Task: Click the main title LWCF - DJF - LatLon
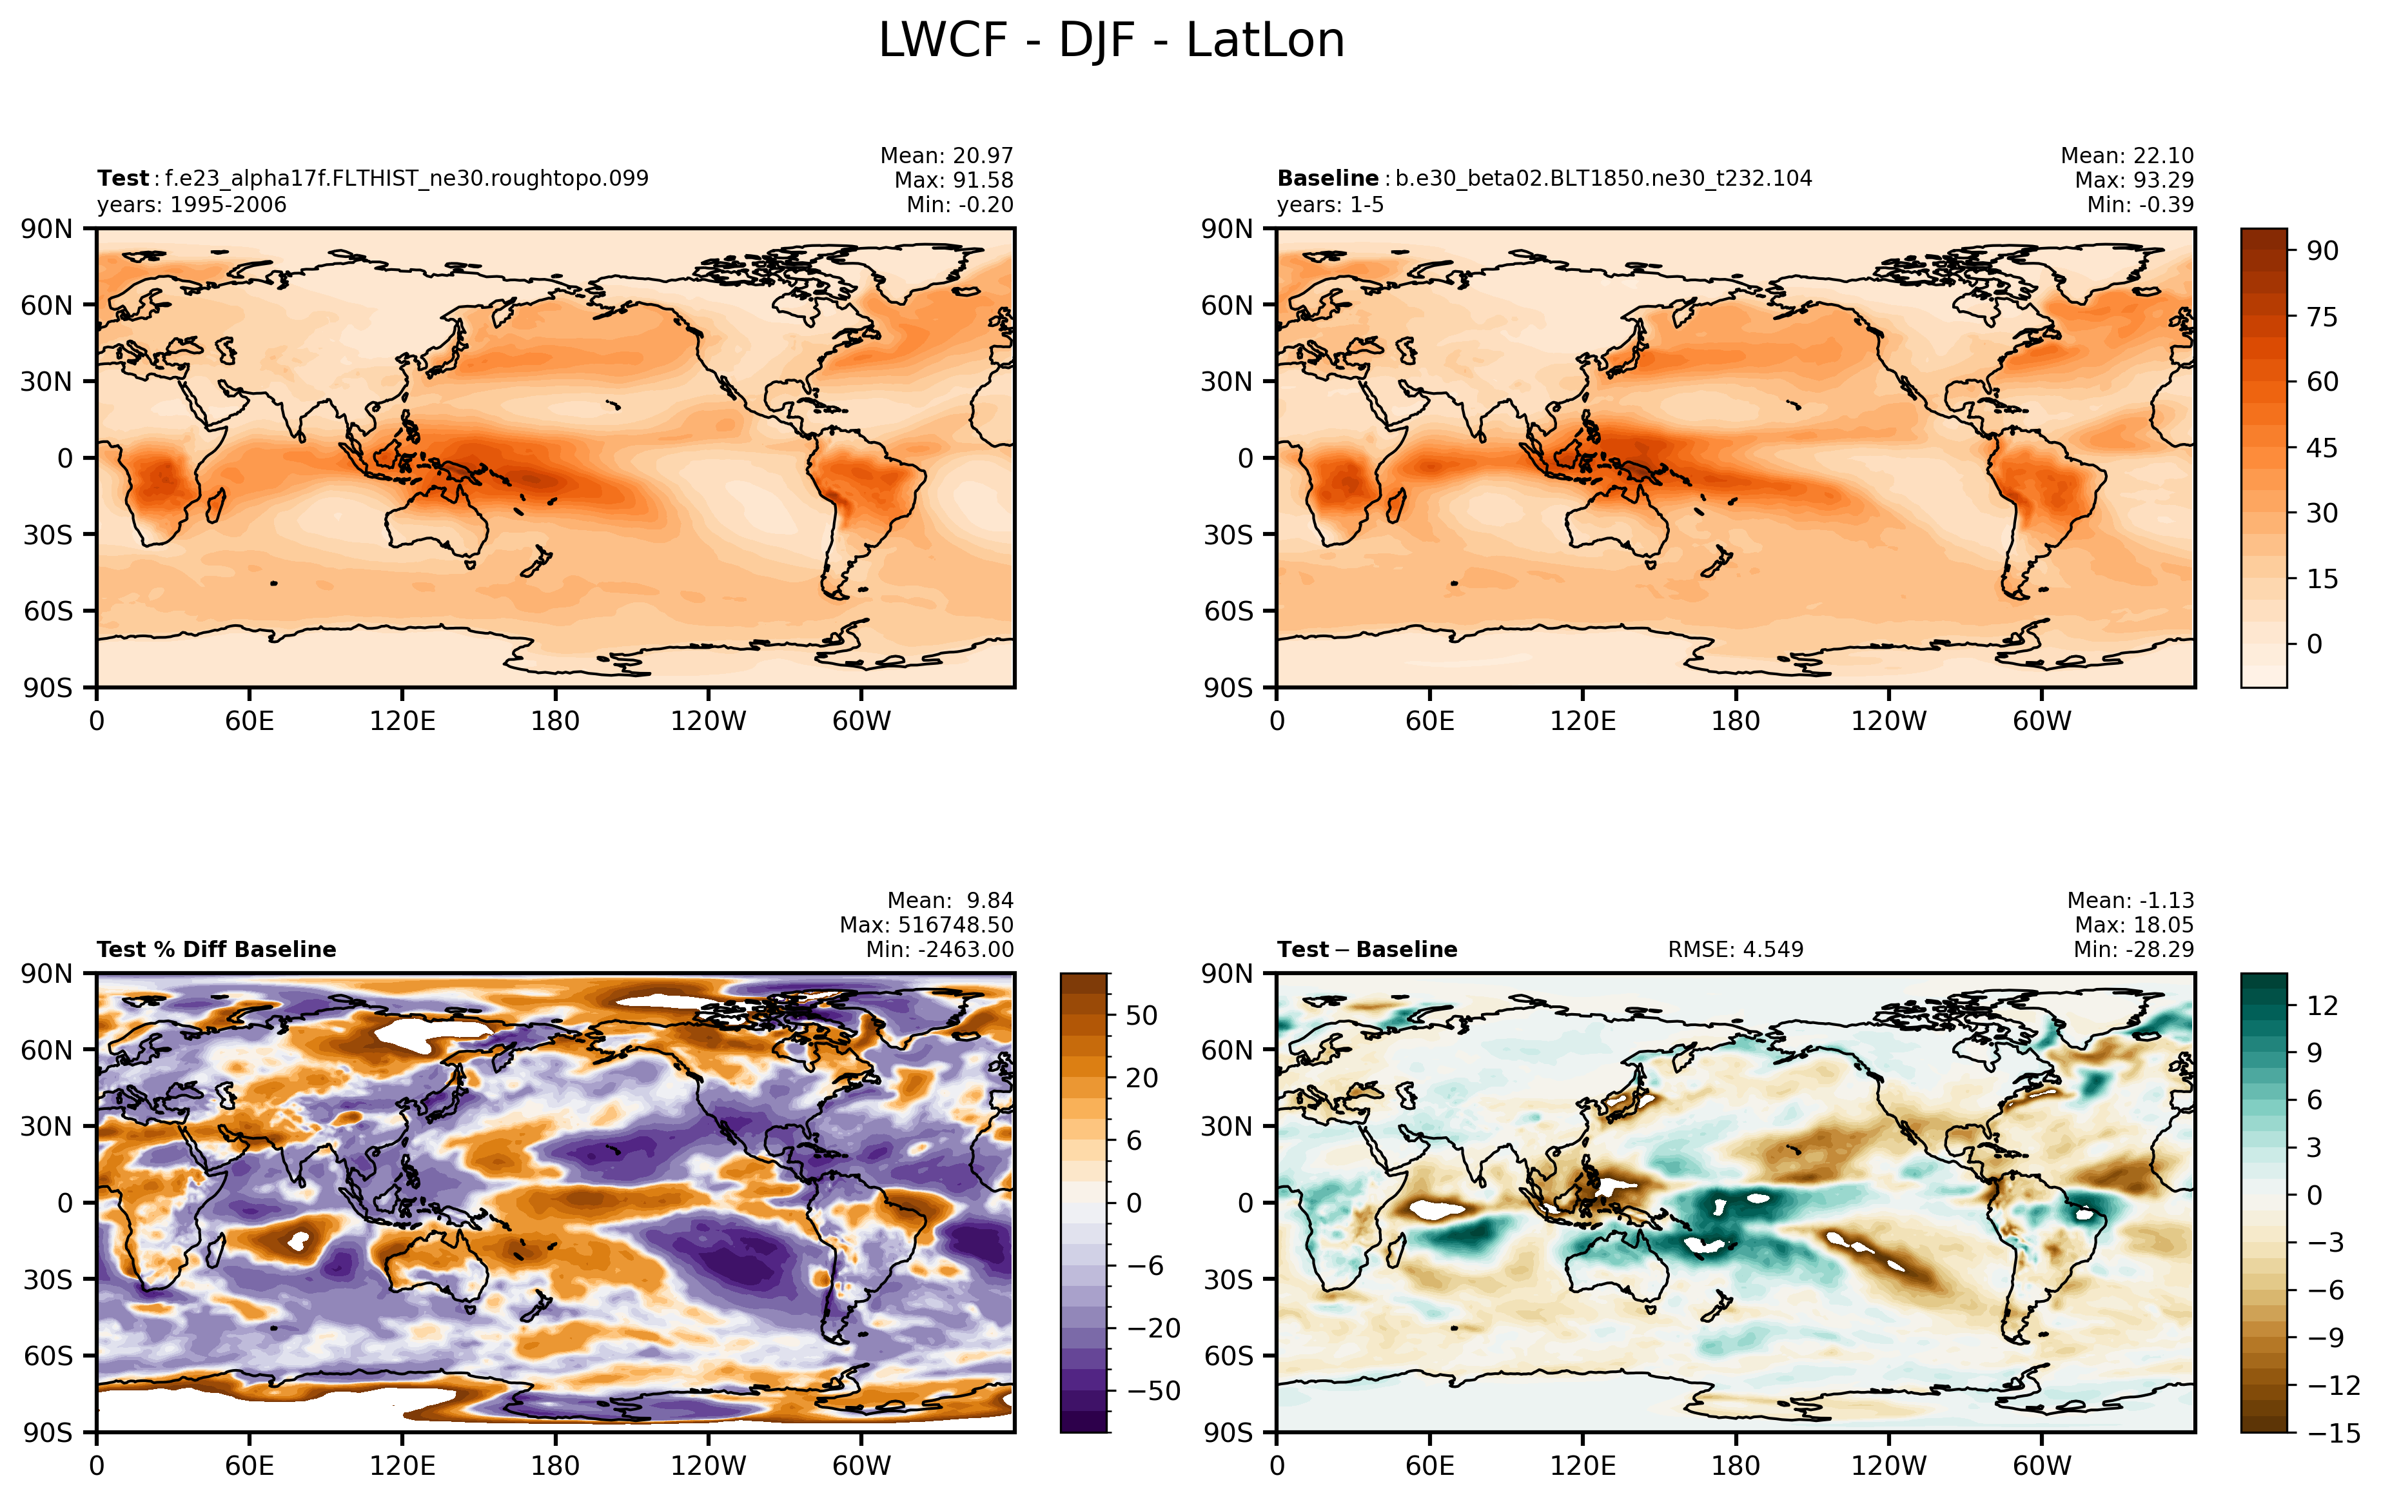pyautogui.click(x=1112, y=41)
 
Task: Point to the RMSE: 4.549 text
pyautogui.click(x=1736, y=949)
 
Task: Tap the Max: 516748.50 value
pyautogui.click(x=926, y=925)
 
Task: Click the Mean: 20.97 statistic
pyautogui.click(x=946, y=155)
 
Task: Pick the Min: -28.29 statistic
pyautogui.click(x=2134, y=949)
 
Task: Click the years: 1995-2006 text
pyautogui.click(x=192, y=204)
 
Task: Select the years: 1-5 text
pyautogui.click(x=1330, y=204)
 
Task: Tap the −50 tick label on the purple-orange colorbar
pyautogui.click(x=1154, y=1390)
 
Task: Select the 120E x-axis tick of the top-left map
pyautogui.click(x=402, y=721)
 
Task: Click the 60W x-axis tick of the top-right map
pyautogui.click(x=2042, y=721)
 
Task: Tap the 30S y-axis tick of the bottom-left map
pyautogui.click(x=48, y=1279)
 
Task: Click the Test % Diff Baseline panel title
pyautogui.click(x=217, y=949)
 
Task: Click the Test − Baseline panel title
pyautogui.click(x=1367, y=949)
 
